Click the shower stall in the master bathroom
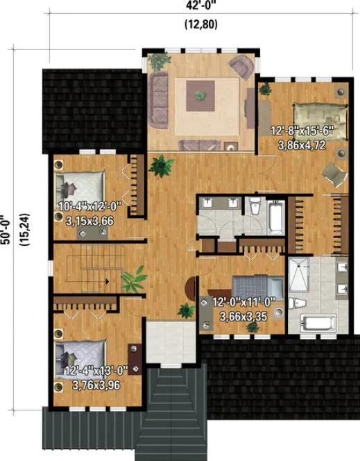click(x=302, y=277)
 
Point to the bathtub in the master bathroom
click(x=317, y=324)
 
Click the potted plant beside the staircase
click(x=132, y=280)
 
